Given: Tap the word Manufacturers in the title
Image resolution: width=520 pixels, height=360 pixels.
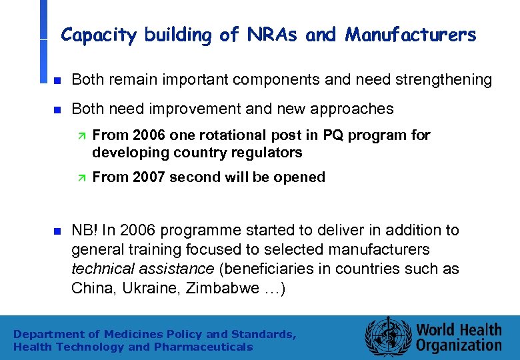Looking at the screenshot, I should (411, 35).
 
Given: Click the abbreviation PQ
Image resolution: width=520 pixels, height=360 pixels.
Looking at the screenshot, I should (333, 135).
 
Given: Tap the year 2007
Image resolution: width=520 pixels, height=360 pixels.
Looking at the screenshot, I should (147, 177).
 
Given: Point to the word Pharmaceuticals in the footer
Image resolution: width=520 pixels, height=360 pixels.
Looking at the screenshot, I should (203, 347).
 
